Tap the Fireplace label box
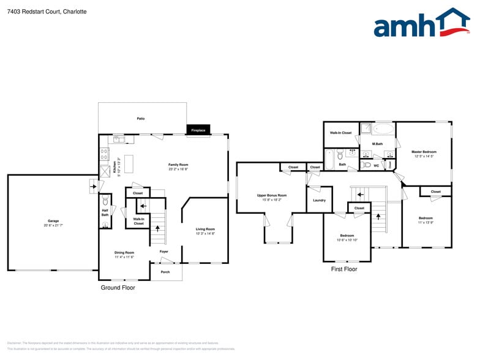pos(198,130)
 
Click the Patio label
pos(141,118)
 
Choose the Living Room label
pos(205,231)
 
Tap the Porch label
pos(165,272)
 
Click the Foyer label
pos(164,252)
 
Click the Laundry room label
pos(319,200)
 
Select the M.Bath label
pos(378,144)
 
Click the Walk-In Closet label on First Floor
pos(341,133)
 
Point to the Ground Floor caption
pos(118,287)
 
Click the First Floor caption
pos(344,269)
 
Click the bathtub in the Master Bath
pos(384,129)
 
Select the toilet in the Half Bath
pos(105,201)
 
